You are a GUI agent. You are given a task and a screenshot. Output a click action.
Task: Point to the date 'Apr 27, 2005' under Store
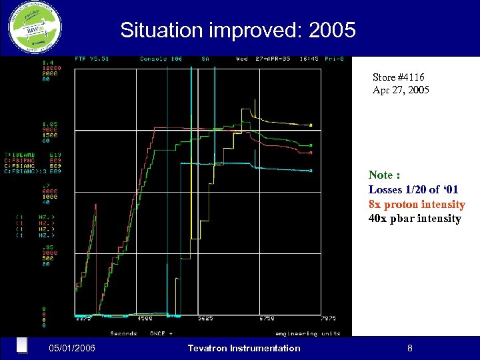point(401,89)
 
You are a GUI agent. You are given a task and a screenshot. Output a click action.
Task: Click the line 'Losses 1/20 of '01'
point(413,189)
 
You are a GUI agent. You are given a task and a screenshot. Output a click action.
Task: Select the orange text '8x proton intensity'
point(416,204)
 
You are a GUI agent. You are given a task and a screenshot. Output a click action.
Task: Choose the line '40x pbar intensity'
point(414,219)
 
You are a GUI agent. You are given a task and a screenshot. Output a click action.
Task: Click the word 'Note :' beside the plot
point(384,175)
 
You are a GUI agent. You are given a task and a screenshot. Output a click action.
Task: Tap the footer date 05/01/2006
point(72,348)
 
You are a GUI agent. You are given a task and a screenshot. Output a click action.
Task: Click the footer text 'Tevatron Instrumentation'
point(244,348)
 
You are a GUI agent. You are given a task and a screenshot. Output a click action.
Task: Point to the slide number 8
point(410,348)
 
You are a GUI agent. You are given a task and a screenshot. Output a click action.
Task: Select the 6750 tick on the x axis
point(267,319)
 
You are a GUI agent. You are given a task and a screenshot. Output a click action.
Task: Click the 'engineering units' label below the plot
point(307,333)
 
